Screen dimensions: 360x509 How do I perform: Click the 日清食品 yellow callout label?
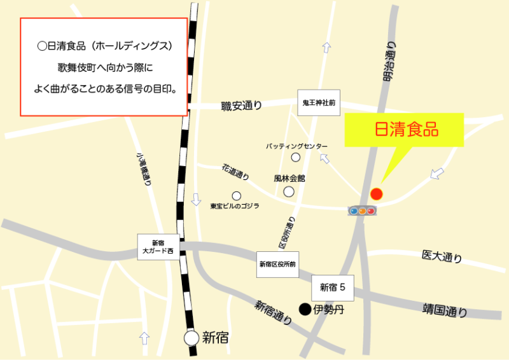coord(405,130)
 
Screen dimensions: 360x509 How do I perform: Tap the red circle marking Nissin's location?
coord(377,193)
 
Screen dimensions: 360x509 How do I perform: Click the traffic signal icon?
coord(361,210)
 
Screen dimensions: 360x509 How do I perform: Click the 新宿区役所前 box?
coord(277,263)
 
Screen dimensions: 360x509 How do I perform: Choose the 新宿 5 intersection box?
coord(333,287)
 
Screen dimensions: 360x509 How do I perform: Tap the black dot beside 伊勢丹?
coord(305,310)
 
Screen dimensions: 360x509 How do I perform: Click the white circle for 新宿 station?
coord(192,338)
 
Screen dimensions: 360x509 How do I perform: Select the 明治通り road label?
coord(389,61)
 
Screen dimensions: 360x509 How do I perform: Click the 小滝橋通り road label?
coord(143,168)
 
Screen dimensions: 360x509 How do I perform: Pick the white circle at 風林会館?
coord(289,191)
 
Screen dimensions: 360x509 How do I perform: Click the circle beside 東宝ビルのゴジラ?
coord(236,195)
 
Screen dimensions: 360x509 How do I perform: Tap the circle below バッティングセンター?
coord(295,157)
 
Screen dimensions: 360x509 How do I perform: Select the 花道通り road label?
coord(235,172)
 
